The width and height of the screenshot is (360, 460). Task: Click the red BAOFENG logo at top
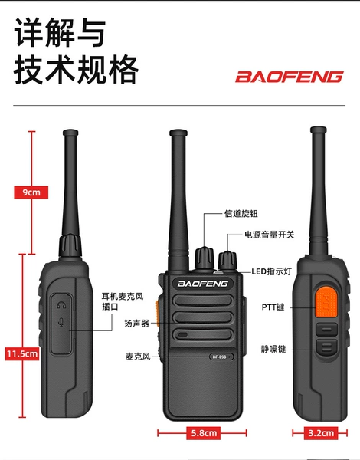pos(289,77)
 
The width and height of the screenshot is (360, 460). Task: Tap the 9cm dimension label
pos(31,192)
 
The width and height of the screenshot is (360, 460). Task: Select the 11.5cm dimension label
pos(22,353)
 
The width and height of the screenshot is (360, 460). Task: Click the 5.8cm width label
pos(204,432)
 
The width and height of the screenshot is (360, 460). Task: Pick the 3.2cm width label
pos(321,432)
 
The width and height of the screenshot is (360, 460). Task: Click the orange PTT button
pos(326,303)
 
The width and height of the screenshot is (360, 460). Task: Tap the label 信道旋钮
pos(241,214)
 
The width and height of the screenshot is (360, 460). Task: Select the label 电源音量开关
pos(269,235)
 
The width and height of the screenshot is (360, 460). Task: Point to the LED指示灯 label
pos(272,271)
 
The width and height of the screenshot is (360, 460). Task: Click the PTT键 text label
pos(273,307)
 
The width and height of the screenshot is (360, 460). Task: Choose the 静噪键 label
pos(273,349)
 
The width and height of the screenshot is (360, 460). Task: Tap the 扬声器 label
pos(136,324)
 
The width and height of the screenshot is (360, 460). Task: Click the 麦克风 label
pos(138,356)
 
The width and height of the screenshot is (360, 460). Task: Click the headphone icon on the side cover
pos(61,305)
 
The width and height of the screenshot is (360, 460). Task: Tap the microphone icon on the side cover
pos(61,322)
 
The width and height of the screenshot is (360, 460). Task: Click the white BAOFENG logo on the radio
pos(202,284)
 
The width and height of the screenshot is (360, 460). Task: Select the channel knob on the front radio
pos(205,258)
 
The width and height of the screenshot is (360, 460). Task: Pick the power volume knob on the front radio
pos(227,260)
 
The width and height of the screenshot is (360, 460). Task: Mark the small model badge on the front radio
pos(221,356)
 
